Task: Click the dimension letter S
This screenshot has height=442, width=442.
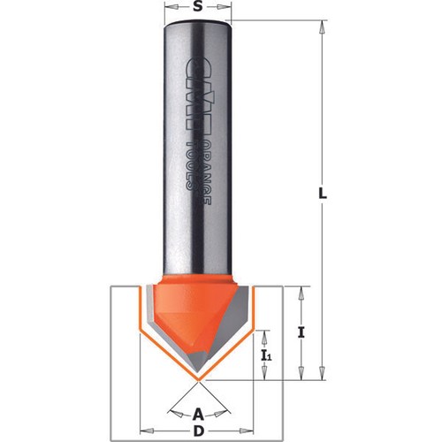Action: (x=198, y=7)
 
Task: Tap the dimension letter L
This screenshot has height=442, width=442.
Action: (x=323, y=194)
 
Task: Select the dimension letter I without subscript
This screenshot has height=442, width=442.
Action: (x=301, y=333)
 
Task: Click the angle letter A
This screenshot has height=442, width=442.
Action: (x=198, y=415)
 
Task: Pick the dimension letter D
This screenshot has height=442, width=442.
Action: (x=199, y=431)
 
